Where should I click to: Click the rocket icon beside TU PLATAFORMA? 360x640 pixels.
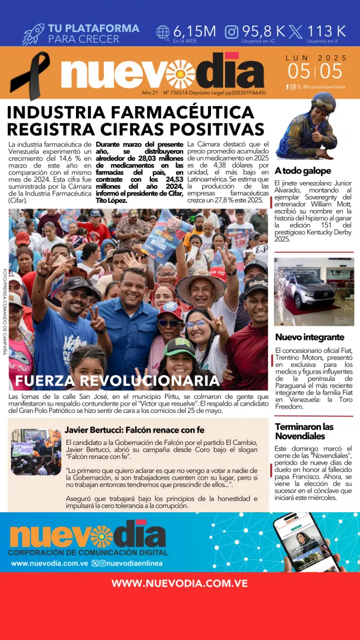tap(33, 34)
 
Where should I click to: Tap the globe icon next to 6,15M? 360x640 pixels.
tap(163, 33)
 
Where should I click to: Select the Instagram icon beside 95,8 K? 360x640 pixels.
tap(232, 32)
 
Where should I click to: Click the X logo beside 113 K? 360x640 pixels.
tap(296, 32)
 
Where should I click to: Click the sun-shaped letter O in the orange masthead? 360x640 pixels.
tap(180, 74)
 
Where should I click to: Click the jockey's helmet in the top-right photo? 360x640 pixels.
tap(324, 101)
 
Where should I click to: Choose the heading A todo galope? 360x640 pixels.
tap(303, 171)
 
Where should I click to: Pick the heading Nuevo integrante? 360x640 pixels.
tap(309, 337)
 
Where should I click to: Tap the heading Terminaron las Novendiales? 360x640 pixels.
tap(304, 431)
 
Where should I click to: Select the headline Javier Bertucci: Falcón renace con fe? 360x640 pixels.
tap(134, 430)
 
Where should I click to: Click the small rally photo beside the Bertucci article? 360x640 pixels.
tap(36, 452)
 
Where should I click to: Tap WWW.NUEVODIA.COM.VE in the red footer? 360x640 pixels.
tap(179, 583)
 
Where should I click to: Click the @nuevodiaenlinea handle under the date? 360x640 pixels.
tap(324, 87)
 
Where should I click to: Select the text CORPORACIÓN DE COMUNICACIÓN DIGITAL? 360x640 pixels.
tap(87, 553)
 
